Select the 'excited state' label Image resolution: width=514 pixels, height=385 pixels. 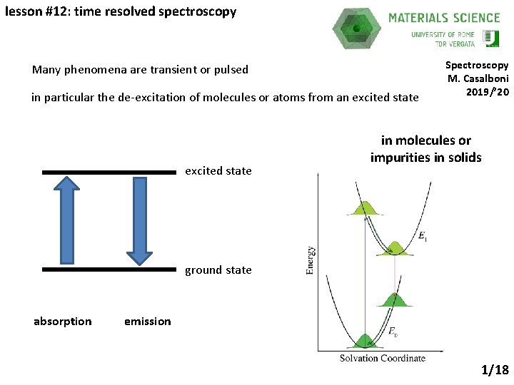point(218,171)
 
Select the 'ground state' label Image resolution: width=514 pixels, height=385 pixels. point(218,270)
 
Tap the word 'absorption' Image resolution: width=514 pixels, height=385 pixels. point(63,322)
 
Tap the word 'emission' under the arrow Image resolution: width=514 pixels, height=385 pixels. point(147,322)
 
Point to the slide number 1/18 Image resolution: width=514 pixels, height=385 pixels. point(495,370)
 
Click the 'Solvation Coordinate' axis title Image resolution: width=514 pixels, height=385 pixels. point(382,358)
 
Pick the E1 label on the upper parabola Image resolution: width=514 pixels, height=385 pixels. point(423,236)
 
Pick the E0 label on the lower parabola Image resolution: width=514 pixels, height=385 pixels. point(393,331)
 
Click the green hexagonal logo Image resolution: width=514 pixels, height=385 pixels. point(356,29)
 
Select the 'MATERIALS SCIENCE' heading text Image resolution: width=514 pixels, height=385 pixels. point(443,18)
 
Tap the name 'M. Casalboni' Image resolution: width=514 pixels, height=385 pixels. point(478,78)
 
